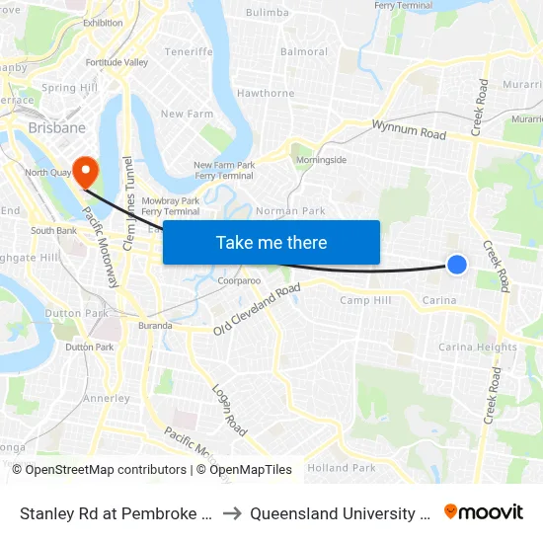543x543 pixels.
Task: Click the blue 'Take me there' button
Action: coord(271,242)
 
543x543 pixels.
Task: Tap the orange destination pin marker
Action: coord(86,171)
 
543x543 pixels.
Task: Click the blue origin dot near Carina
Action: coord(457,264)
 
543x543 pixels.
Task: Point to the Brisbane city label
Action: coord(56,128)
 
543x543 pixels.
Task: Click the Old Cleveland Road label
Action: coord(258,309)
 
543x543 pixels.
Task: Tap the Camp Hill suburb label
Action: coord(365,300)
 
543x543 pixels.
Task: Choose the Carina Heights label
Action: coord(478,348)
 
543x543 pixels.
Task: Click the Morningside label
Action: coord(323,160)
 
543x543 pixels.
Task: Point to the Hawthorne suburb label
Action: coord(266,94)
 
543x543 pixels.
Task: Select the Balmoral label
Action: coord(304,51)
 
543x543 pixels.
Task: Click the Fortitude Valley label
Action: coord(116,63)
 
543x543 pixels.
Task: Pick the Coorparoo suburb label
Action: coord(239,281)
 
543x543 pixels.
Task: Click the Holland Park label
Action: coord(342,467)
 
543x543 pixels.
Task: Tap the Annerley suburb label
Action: coord(107,399)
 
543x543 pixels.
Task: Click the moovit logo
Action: coord(484,512)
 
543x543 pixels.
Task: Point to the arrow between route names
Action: coord(231,513)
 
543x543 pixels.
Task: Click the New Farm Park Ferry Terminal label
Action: coord(224,171)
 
